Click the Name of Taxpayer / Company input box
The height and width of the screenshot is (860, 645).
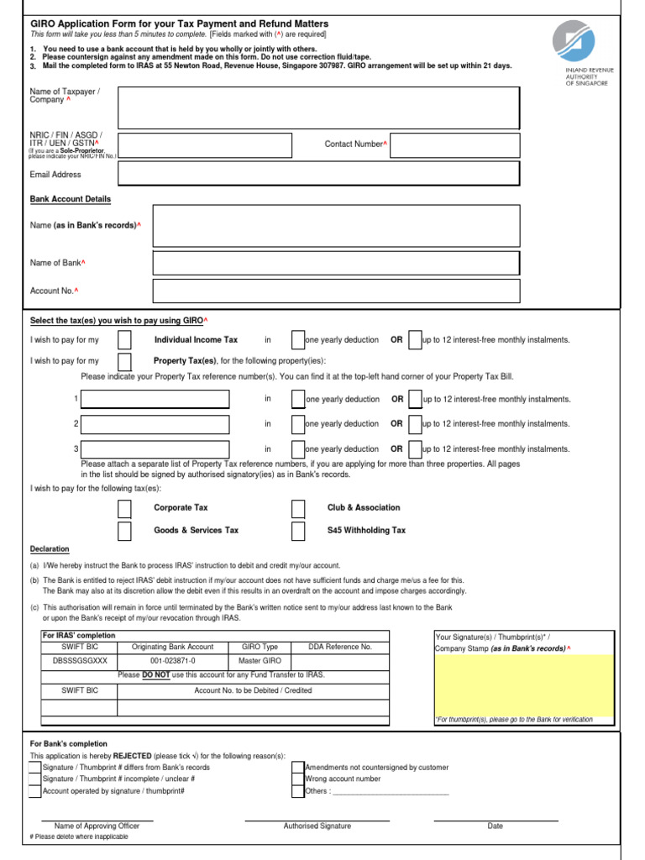pyautogui.click(x=318, y=105)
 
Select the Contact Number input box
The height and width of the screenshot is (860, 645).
pyautogui.click(x=454, y=144)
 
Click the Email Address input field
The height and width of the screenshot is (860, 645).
pyautogui.click(x=318, y=174)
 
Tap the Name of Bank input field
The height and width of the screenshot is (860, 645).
pyautogui.click(x=336, y=263)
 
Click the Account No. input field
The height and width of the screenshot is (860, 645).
pyautogui.click(x=336, y=291)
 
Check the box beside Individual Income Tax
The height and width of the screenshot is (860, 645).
pyautogui.click(x=124, y=340)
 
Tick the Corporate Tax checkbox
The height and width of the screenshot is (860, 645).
pyautogui.click(x=124, y=508)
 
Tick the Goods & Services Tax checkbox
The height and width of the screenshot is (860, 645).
pyautogui.click(x=124, y=531)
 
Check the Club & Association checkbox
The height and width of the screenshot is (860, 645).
pyautogui.click(x=298, y=508)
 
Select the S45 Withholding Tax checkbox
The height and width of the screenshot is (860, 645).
pyautogui.click(x=298, y=531)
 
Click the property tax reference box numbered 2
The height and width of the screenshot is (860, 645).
pyautogui.click(x=155, y=424)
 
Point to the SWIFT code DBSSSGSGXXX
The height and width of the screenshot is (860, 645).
pyautogui.click(x=80, y=661)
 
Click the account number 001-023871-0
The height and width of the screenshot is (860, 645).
pyautogui.click(x=173, y=661)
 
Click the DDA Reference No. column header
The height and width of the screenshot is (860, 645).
pyautogui.click(x=339, y=647)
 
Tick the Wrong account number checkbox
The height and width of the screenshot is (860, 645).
pyautogui.click(x=298, y=779)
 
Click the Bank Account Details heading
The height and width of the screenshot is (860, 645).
pyautogui.click(x=71, y=199)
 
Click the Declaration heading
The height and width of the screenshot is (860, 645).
pyautogui.click(x=50, y=549)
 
